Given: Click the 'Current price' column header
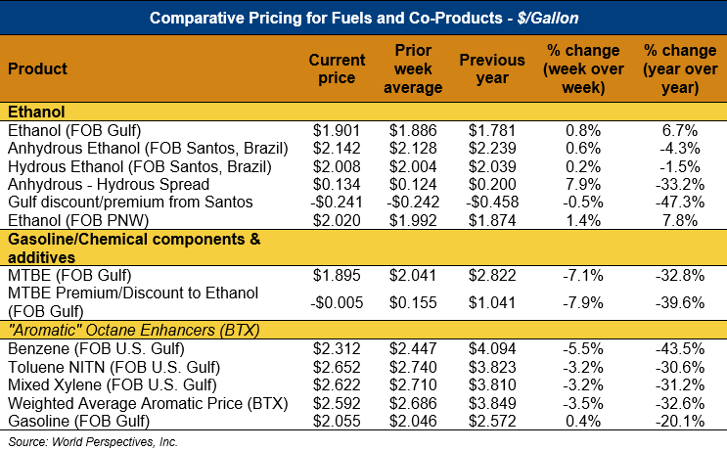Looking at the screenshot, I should pos(337,68).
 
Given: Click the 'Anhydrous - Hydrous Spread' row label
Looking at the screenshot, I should pos(108,183).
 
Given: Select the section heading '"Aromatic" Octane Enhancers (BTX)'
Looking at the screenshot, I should pos(133,330).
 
